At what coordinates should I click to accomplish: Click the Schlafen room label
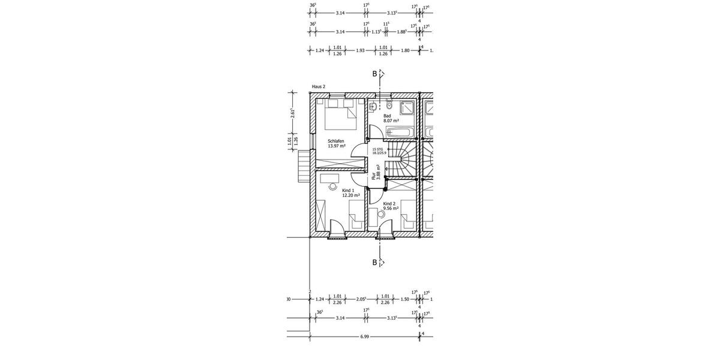tap(335, 140)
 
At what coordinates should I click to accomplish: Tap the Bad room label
tap(387, 116)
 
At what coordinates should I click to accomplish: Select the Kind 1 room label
tap(349, 190)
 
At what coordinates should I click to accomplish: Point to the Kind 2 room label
tap(389, 203)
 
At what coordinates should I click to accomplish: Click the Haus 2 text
tap(318, 86)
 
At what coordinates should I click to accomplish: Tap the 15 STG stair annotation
tap(377, 149)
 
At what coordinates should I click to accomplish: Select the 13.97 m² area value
tap(336, 146)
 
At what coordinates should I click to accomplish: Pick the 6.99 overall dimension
tap(364, 337)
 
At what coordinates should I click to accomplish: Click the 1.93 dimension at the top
tap(360, 51)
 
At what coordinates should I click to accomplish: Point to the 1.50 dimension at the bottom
tap(404, 299)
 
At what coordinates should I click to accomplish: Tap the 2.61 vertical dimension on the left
tap(293, 114)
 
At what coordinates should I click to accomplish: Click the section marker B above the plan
tap(375, 74)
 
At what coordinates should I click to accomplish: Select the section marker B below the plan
tap(375, 262)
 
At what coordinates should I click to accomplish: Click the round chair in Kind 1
tap(333, 187)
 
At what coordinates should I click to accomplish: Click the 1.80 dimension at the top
tap(405, 51)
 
